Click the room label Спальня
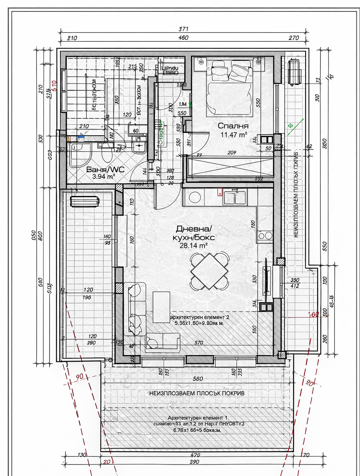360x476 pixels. click(233, 126)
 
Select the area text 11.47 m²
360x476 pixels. click(233, 135)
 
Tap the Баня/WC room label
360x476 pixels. click(105, 169)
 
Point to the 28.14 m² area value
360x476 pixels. click(194, 245)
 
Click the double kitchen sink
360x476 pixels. click(234, 198)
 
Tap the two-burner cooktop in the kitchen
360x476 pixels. click(265, 236)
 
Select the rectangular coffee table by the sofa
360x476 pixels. click(161, 307)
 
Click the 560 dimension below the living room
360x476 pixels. click(197, 378)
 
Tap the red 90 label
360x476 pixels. click(80, 376)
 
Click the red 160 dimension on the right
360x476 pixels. click(314, 314)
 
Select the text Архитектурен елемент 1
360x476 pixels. click(197, 418)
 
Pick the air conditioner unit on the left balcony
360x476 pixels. click(85, 201)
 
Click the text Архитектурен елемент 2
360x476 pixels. click(199, 317)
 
